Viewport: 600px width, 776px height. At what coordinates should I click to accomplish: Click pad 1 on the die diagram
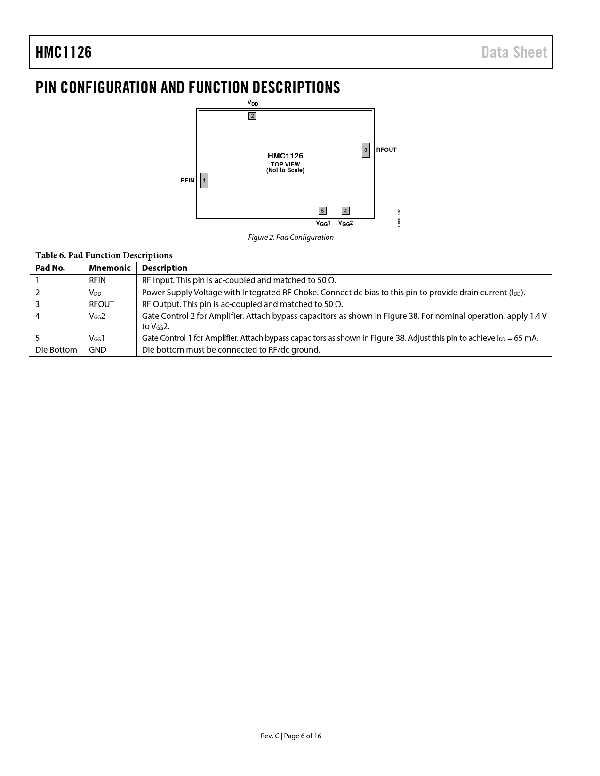point(204,180)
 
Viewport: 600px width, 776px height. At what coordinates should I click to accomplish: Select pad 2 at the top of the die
point(252,116)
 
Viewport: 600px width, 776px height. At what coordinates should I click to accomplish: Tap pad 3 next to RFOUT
point(366,150)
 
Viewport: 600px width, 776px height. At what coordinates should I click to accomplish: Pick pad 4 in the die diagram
point(345,211)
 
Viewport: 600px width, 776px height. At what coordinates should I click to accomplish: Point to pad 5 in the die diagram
point(322,211)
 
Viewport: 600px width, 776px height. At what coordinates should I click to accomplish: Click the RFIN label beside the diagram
point(187,181)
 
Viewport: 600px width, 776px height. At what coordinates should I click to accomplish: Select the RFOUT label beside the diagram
point(386,150)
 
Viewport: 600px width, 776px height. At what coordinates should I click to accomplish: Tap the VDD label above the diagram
point(253,103)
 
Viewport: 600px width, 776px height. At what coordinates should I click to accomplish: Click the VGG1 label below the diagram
point(323,223)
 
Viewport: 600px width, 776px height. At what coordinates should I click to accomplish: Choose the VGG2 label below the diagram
point(345,223)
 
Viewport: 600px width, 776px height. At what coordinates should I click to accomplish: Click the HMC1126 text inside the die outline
point(285,156)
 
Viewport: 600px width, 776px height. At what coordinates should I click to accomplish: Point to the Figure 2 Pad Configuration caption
point(291,237)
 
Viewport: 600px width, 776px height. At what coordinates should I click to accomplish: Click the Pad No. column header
point(50,268)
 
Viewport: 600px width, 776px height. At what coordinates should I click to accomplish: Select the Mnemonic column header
point(110,268)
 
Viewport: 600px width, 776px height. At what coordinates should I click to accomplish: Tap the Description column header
point(164,268)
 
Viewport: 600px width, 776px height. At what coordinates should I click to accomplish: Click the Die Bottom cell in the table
point(56,350)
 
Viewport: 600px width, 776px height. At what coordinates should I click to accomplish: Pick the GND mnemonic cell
point(97,350)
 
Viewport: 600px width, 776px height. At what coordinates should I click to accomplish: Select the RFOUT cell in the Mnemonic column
point(102,304)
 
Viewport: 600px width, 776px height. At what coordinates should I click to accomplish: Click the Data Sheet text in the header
point(514,52)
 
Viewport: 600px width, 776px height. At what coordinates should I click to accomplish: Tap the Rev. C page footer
point(291,736)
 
